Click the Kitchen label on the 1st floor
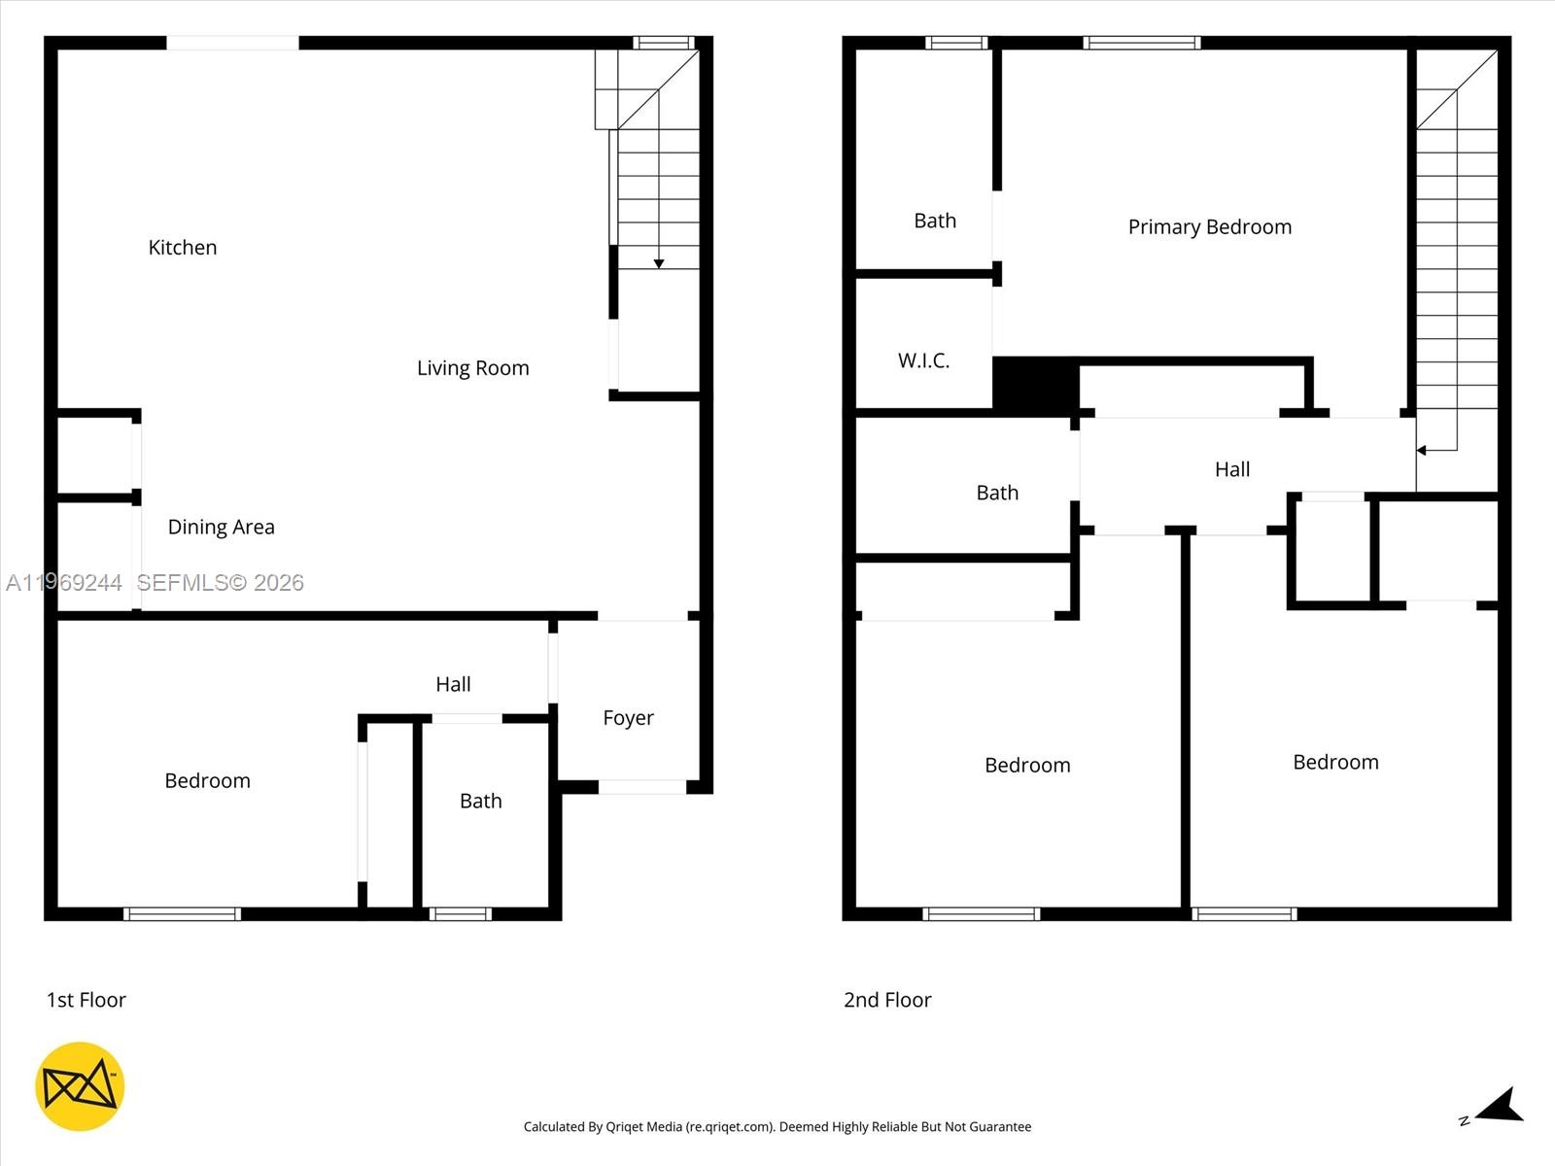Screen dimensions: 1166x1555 182,248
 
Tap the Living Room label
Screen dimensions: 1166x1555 472,368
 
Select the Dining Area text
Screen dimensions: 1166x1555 221,527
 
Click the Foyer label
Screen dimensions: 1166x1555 628,718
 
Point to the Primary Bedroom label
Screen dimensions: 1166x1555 1209,227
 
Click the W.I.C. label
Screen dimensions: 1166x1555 923,361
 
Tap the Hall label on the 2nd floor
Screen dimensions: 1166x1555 1231,469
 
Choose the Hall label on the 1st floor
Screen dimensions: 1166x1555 453,685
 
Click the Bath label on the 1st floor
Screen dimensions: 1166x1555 480,802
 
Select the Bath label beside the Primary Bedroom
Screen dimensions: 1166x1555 935,222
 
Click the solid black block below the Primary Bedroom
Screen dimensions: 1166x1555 1035,386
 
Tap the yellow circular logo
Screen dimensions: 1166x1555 80,1086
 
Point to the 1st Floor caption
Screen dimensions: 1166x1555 86,1000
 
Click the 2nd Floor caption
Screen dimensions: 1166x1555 886,1000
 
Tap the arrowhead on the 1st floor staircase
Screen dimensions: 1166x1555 659,264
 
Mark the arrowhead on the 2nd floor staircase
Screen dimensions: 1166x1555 1421,451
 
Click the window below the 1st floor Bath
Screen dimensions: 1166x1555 461,913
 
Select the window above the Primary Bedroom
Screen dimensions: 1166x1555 1141,43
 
